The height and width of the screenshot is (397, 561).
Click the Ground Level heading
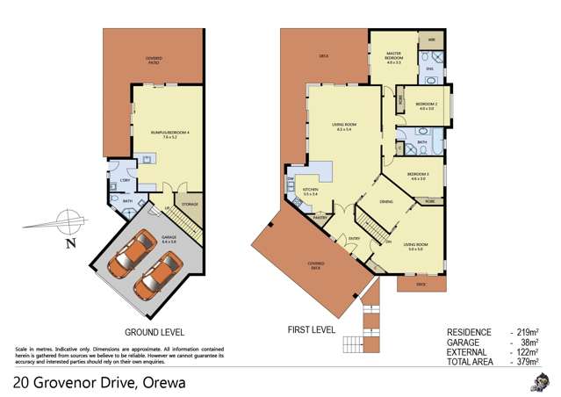pos(154,332)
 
